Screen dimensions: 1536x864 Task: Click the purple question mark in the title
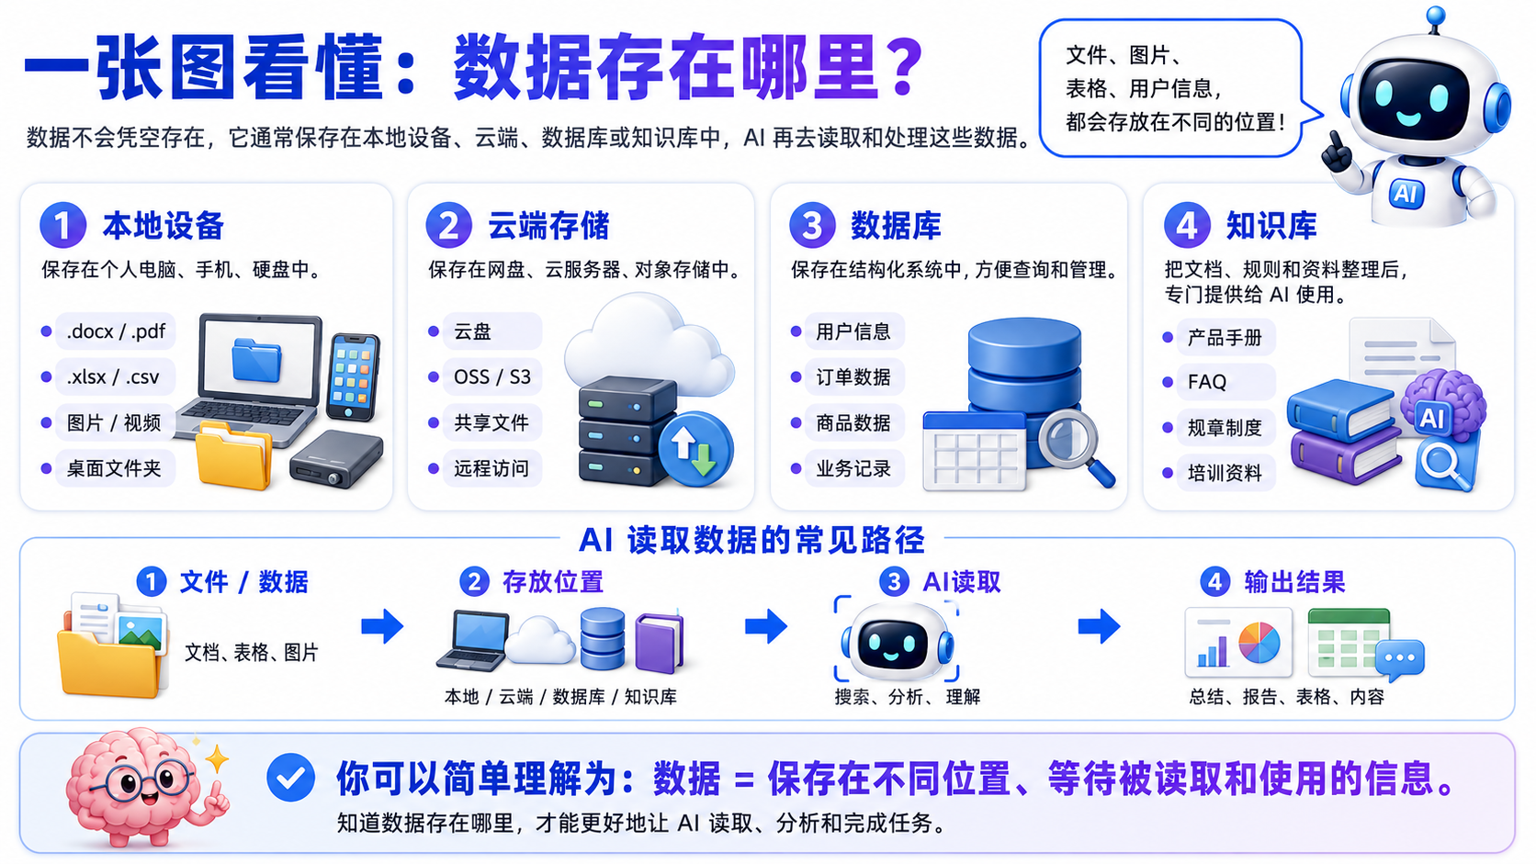click(x=907, y=67)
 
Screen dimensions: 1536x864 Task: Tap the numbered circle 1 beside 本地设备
click(x=62, y=225)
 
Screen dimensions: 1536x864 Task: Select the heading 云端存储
click(x=548, y=226)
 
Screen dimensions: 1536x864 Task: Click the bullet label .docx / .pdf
click(x=116, y=331)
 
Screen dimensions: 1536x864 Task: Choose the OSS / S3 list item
click(x=491, y=376)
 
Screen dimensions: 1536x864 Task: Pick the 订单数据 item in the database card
click(x=853, y=376)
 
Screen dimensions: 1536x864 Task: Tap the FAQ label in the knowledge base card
click(x=1207, y=382)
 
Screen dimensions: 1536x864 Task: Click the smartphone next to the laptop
click(x=353, y=376)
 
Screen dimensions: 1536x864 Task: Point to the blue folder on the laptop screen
click(x=256, y=358)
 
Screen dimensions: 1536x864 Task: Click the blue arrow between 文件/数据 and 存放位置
click(x=382, y=625)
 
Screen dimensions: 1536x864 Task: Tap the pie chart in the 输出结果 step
click(x=1259, y=642)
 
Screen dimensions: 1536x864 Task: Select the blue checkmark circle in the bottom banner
click(x=290, y=777)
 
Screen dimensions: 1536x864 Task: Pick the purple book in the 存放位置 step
click(x=660, y=642)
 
